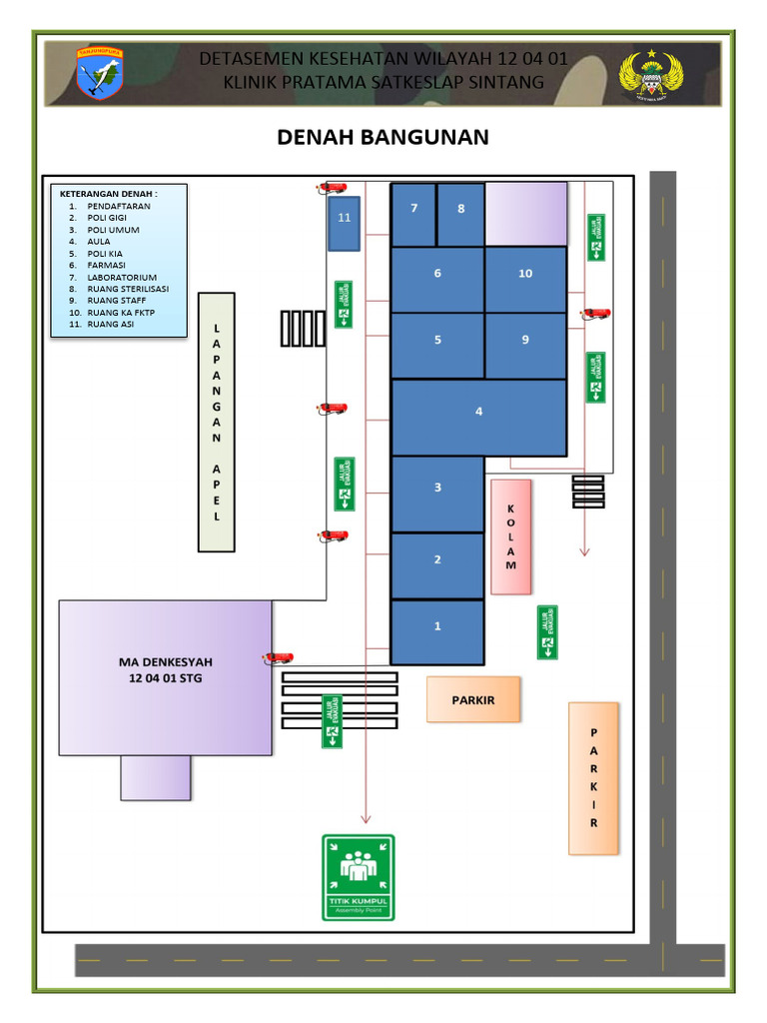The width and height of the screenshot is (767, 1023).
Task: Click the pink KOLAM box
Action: click(x=511, y=536)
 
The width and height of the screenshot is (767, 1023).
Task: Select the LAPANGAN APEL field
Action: click(x=217, y=422)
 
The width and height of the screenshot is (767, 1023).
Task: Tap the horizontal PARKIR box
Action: click(x=473, y=699)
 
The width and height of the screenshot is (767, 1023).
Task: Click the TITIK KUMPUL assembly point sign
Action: click(x=359, y=877)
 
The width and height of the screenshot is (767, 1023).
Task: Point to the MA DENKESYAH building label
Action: click(x=166, y=669)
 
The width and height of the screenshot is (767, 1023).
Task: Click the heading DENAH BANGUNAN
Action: click(x=383, y=137)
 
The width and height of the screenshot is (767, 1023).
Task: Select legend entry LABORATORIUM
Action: click(x=122, y=277)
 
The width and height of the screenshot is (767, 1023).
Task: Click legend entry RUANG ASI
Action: click(x=110, y=324)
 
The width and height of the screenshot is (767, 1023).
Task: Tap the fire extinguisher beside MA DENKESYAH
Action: click(x=278, y=658)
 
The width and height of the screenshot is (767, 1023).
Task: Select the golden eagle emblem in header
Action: click(x=652, y=76)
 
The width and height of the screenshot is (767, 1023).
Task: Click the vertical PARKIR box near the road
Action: click(x=593, y=778)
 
